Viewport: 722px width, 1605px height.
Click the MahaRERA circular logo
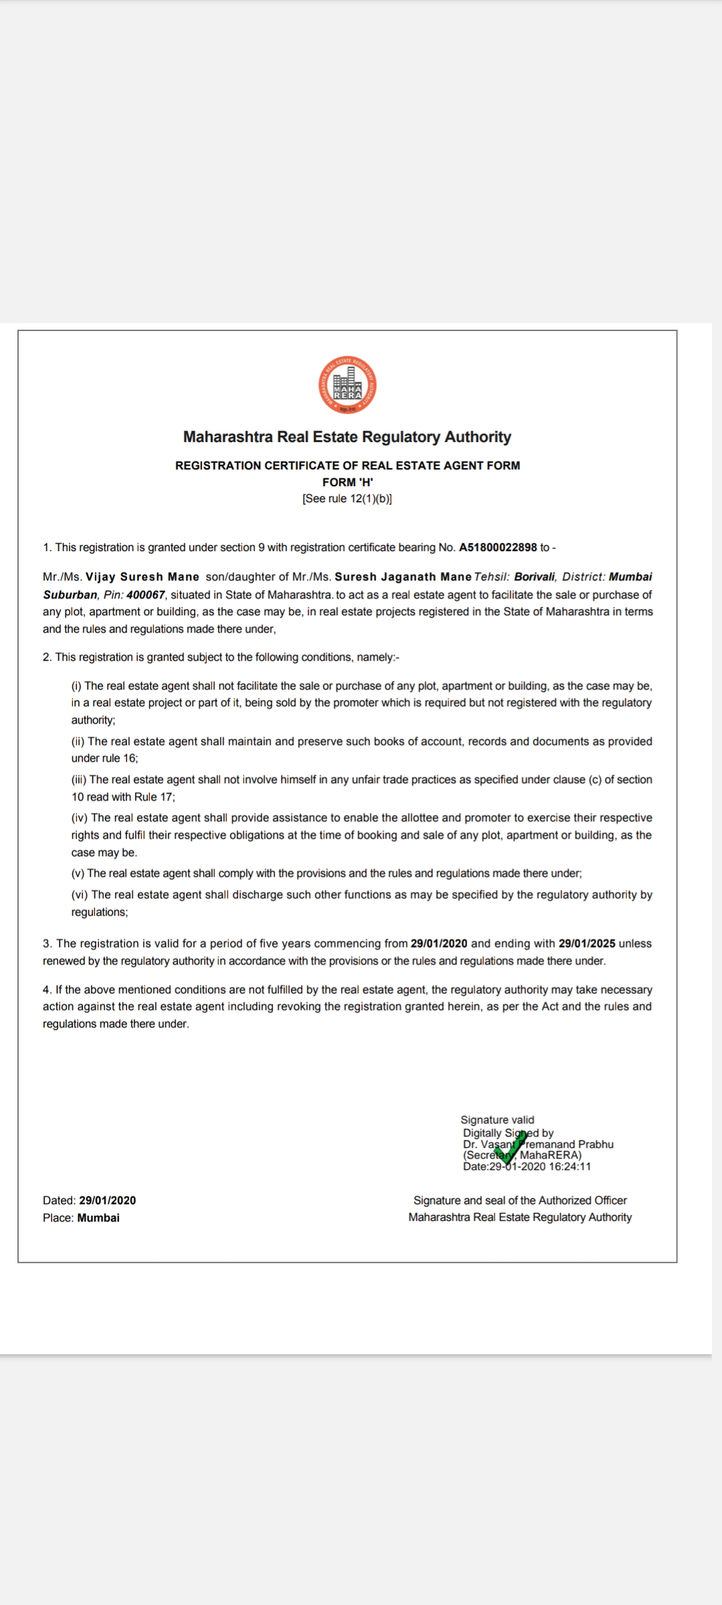[347, 385]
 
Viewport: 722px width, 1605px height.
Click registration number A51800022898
[498, 548]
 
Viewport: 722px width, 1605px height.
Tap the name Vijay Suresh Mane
[142, 577]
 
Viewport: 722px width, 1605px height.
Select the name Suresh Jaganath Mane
[403, 577]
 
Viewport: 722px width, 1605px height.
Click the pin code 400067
[146, 595]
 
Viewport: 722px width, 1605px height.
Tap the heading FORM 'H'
[347, 482]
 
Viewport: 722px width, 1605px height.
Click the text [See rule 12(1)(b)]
[347, 499]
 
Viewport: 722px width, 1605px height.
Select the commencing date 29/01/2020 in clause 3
[439, 944]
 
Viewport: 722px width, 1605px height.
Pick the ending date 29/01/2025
[587, 944]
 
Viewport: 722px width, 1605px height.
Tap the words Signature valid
[497, 1119]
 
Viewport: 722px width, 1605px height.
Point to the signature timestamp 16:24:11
[570, 1166]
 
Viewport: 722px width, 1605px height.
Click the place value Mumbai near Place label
[98, 1218]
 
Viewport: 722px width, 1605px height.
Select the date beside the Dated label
[107, 1200]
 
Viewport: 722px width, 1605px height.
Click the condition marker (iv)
[80, 818]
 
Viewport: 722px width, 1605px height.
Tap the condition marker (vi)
[80, 895]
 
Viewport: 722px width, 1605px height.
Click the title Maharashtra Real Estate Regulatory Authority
[347, 437]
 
